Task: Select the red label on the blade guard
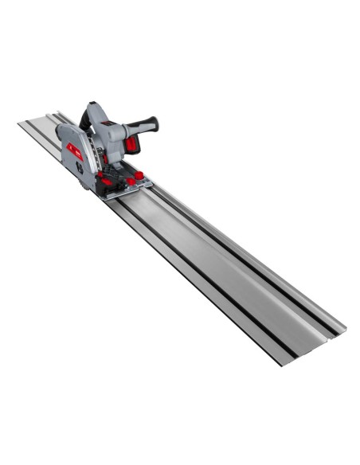[73, 149]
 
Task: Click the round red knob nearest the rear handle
[139, 174]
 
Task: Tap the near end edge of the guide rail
[311, 350]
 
